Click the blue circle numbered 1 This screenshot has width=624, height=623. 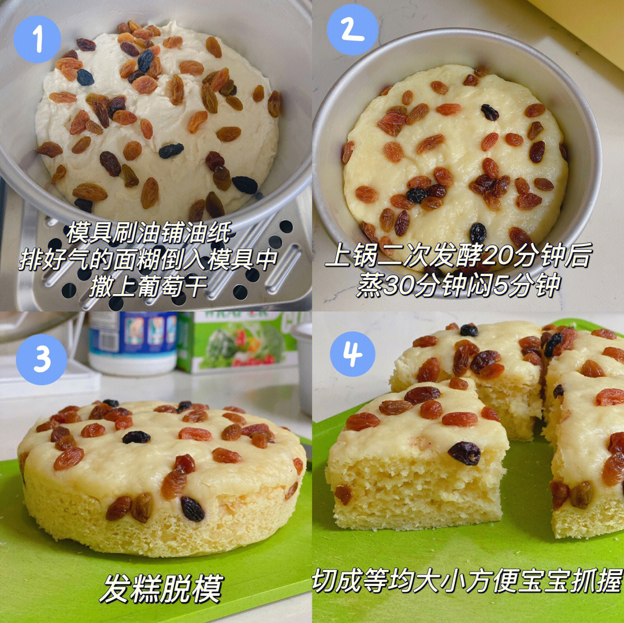(37, 39)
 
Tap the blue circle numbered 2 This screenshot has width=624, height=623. (352, 30)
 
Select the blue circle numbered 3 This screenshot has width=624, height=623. (42, 359)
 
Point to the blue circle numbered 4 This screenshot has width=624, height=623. (352, 354)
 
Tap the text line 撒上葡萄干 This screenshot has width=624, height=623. (148, 286)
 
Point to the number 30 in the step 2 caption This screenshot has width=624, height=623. (396, 285)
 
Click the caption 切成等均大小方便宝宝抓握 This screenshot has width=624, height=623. (467, 581)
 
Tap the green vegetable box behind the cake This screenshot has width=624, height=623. (237, 341)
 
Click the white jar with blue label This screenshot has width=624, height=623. (132, 343)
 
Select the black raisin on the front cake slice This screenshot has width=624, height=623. (464, 453)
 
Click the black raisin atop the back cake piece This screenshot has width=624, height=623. (469, 330)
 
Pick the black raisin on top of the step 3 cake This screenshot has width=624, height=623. (136, 437)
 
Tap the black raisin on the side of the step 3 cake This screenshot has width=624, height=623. (192, 509)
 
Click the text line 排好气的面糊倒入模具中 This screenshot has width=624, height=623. (148, 260)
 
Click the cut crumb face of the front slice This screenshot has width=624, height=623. (414, 493)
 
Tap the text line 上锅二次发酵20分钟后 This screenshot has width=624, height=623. (459, 256)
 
